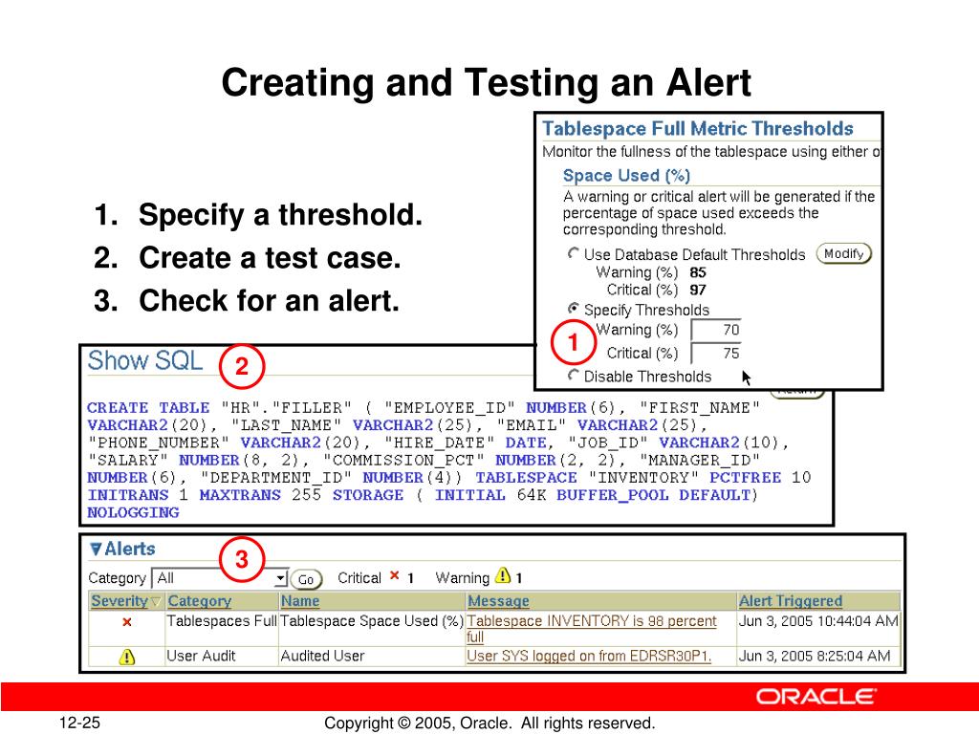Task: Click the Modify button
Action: click(x=843, y=253)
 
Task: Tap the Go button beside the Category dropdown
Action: click(x=306, y=579)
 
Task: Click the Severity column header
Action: click(x=120, y=601)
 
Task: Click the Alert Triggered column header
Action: click(x=790, y=601)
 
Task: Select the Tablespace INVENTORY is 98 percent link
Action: click(x=591, y=621)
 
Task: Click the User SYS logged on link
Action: click(x=588, y=656)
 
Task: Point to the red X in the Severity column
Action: click(x=126, y=622)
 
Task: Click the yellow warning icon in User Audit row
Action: click(x=126, y=657)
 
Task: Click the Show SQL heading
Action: click(x=145, y=361)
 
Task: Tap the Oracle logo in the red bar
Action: click(x=816, y=697)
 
